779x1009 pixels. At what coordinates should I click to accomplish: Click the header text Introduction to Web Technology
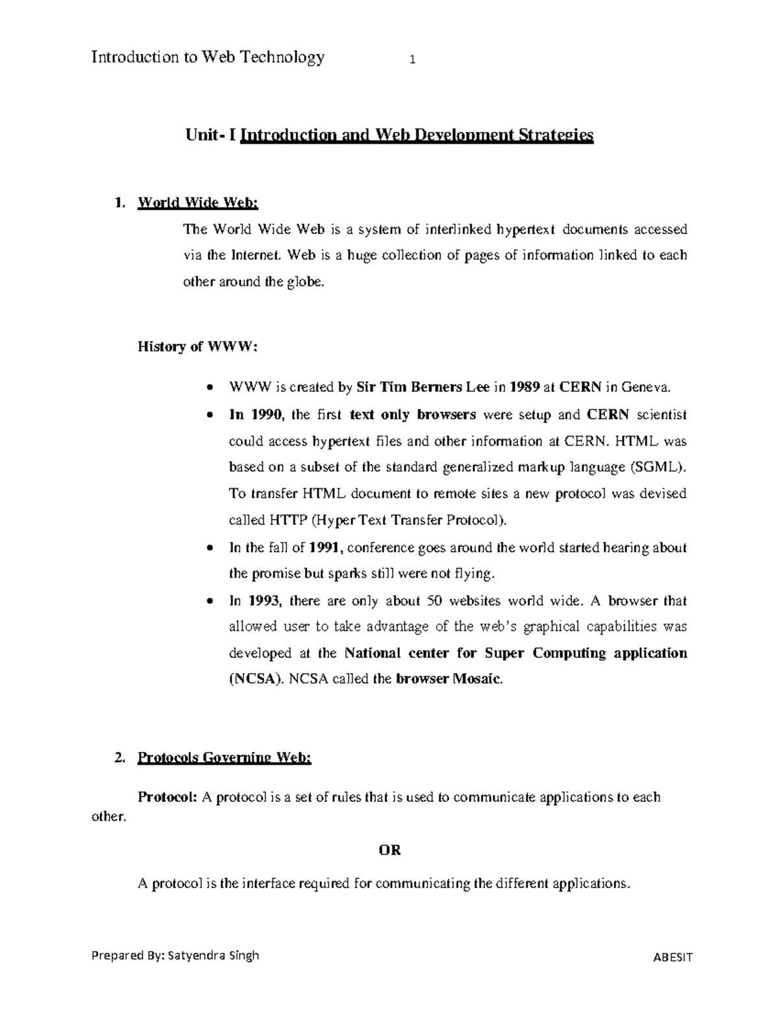(208, 57)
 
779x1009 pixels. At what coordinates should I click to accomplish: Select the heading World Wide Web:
(198, 203)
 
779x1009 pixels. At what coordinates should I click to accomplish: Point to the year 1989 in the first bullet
(524, 388)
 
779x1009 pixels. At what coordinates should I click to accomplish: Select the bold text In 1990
(254, 415)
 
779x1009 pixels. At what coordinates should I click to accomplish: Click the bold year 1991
(324, 548)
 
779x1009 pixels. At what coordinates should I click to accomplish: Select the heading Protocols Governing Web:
(224, 758)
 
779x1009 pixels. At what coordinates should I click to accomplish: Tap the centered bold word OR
(389, 850)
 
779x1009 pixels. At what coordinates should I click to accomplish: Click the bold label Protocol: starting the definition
(166, 797)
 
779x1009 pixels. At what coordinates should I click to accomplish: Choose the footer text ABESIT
(673, 956)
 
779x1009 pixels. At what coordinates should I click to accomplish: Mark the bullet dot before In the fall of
(208, 548)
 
